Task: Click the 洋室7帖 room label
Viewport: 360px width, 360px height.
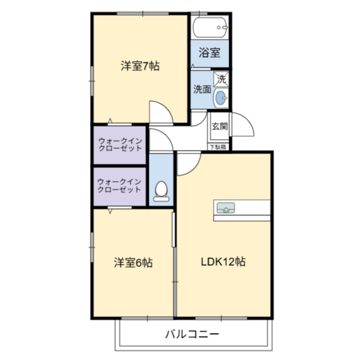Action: click(x=140, y=66)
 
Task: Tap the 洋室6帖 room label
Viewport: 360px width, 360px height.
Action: click(x=133, y=263)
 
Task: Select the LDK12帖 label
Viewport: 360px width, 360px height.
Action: click(x=223, y=262)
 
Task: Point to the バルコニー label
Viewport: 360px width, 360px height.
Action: click(x=192, y=334)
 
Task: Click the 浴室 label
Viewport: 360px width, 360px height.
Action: click(x=209, y=53)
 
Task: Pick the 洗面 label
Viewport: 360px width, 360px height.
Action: click(x=202, y=89)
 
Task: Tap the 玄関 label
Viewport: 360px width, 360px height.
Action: click(x=220, y=126)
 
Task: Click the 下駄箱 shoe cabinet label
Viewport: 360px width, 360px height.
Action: click(x=218, y=147)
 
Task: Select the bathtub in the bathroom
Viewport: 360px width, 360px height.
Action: click(x=210, y=28)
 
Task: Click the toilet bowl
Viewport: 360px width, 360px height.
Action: click(x=161, y=191)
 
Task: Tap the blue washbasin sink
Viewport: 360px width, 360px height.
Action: click(x=221, y=98)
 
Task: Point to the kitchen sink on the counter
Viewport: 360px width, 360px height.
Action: click(x=226, y=208)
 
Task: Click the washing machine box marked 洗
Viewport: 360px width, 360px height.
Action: click(x=221, y=79)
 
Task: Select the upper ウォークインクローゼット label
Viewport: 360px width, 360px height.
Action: click(x=120, y=145)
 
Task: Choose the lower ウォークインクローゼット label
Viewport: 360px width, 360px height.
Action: click(x=119, y=186)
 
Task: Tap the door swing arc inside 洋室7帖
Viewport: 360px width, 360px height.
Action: click(x=166, y=107)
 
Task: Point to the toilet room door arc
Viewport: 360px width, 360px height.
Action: click(x=166, y=136)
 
